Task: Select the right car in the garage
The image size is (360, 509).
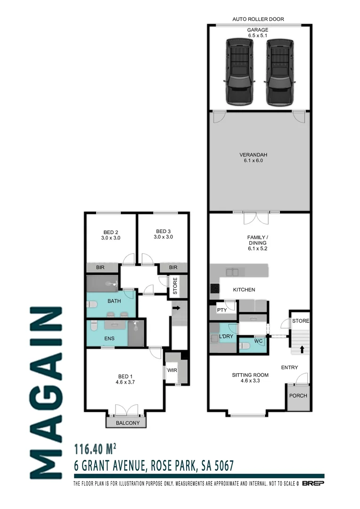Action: point(280,71)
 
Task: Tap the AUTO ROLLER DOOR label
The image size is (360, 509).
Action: point(258,20)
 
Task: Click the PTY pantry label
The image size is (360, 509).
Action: point(222,310)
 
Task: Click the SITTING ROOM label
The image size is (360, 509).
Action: point(250,378)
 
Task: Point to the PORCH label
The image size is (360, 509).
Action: point(298,395)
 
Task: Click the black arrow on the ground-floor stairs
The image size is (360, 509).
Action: point(301,350)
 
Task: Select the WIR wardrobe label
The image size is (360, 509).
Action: point(172,370)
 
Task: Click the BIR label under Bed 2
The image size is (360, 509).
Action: point(100,268)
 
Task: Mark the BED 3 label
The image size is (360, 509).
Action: point(163,234)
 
